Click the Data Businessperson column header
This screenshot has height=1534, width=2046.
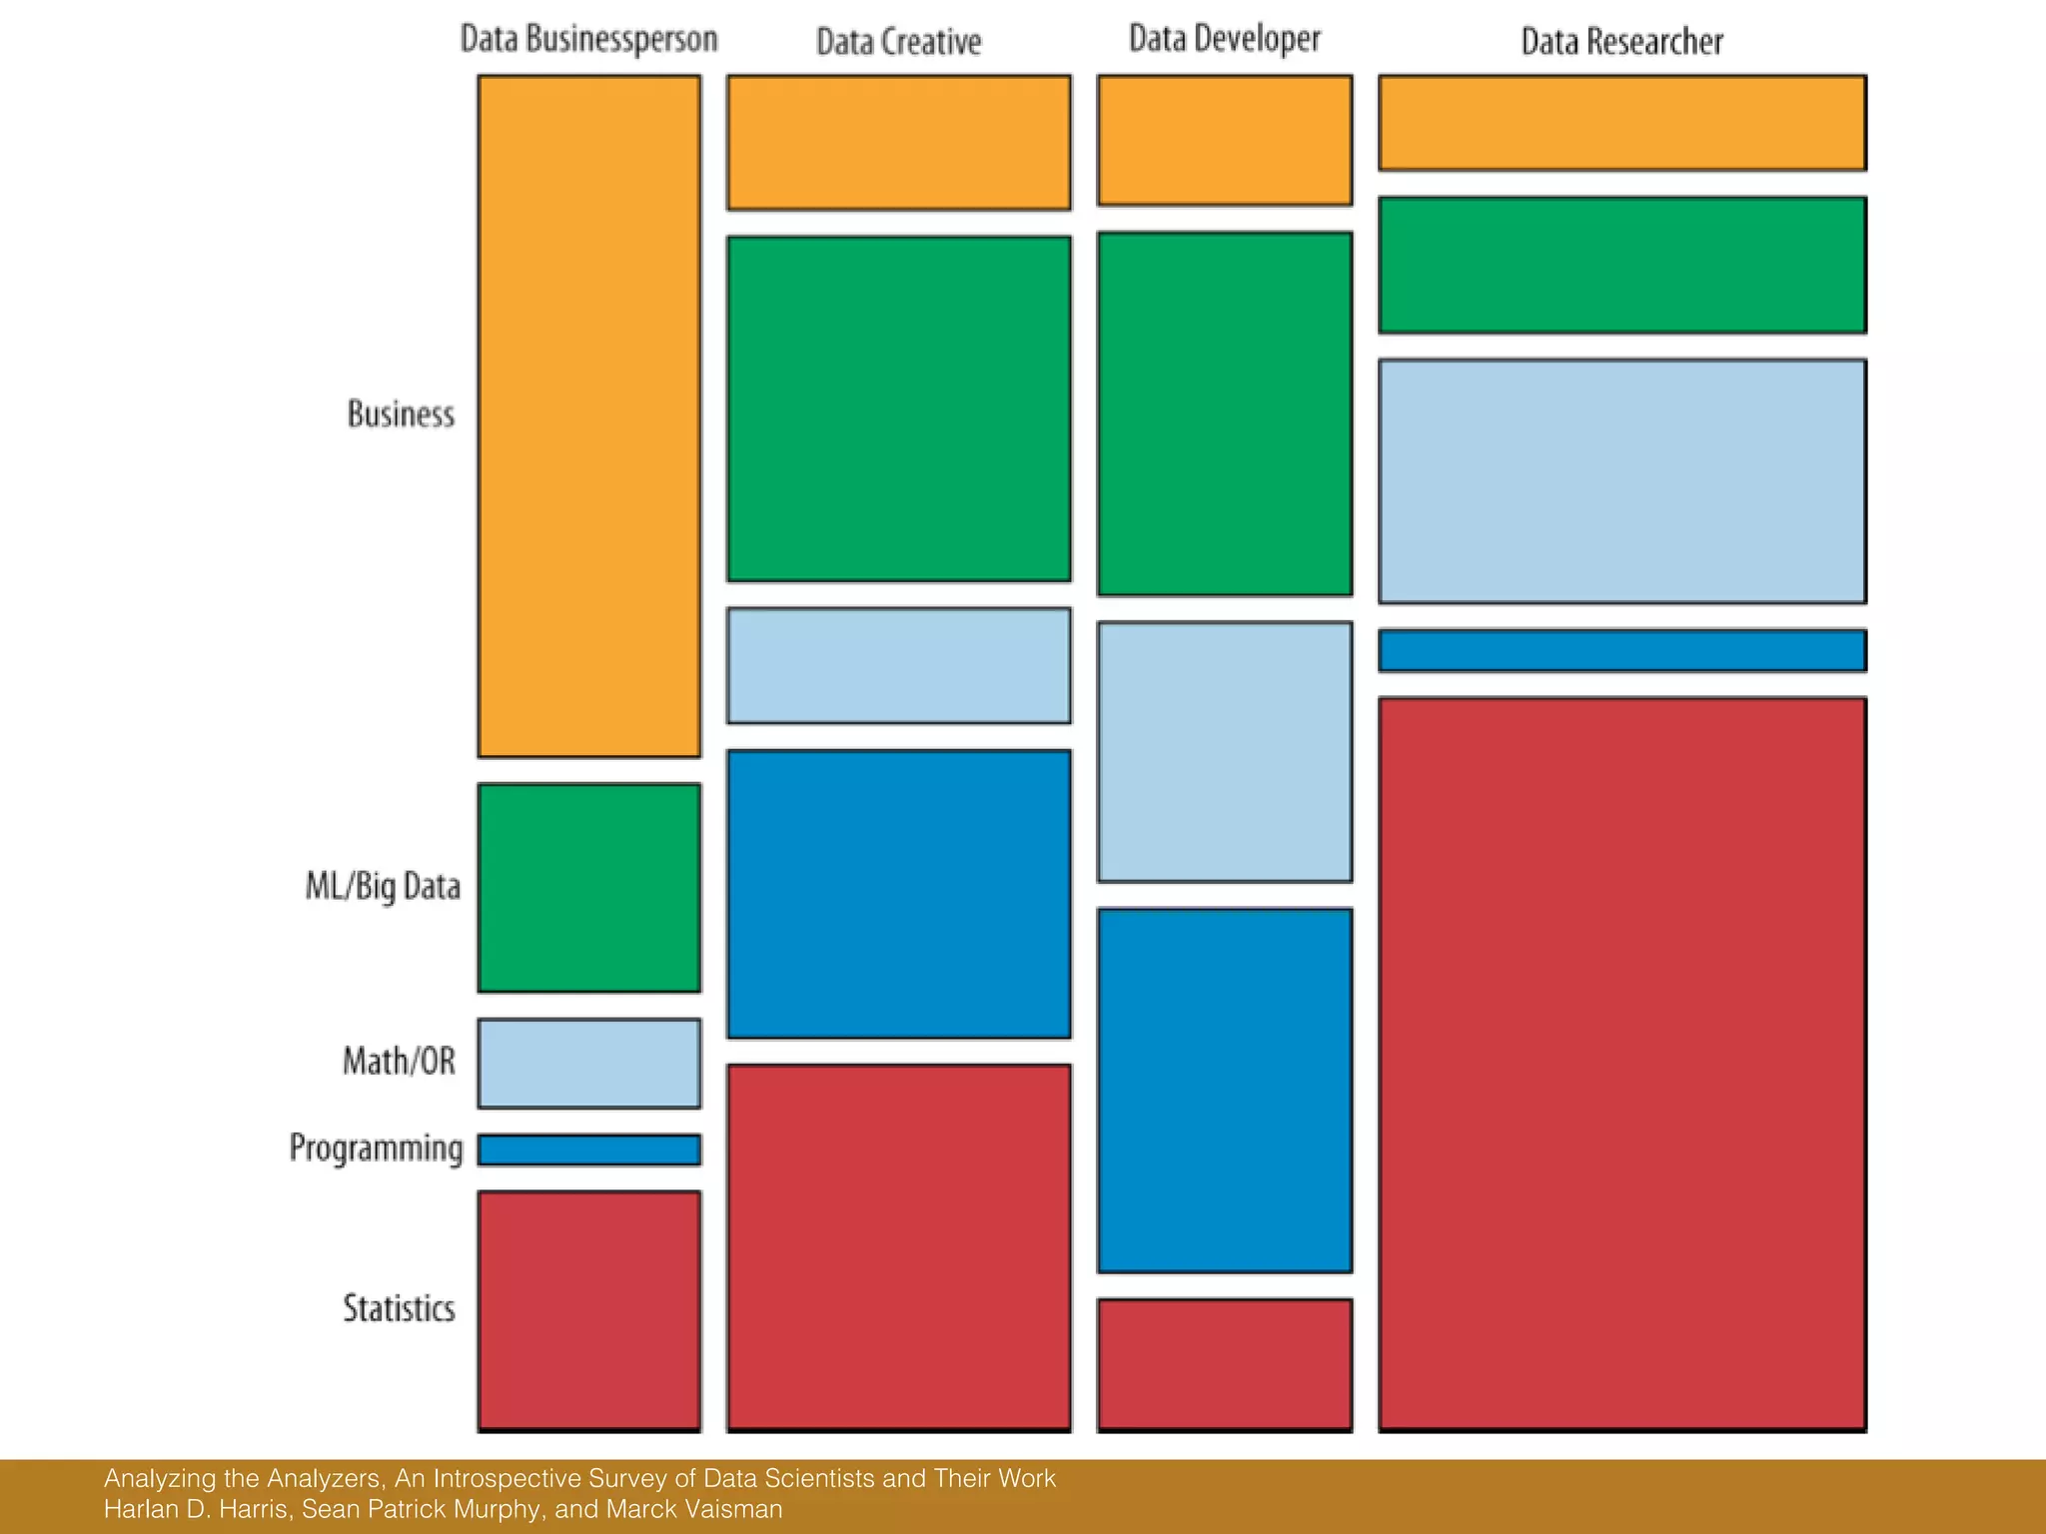[588, 39]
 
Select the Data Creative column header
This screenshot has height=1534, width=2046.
[898, 42]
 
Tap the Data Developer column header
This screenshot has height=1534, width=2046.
[1224, 39]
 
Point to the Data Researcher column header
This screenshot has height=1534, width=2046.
[1621, 42]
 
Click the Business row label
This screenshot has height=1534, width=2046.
[401, 413]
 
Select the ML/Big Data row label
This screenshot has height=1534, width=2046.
[383, 886]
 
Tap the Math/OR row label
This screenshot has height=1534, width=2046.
[399, 1061]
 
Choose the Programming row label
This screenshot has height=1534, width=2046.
[376, 1148]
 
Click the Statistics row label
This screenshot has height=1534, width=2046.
[399, 1308]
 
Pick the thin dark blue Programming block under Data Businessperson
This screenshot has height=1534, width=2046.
[588, 1150]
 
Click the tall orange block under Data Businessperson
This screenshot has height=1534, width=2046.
[588, 415]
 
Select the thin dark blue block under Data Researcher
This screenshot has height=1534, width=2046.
[1621, 650]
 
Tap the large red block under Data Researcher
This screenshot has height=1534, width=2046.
[1621, 1063]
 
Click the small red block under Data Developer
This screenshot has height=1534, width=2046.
[1224, 1363]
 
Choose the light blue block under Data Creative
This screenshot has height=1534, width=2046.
[898, 665]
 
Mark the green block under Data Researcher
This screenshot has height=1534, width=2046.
[1621, 265]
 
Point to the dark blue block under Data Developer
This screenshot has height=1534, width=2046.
[1224, 1090]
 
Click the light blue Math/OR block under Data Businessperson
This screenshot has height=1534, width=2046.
[588, 1063]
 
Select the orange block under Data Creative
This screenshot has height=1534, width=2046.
[898, 142]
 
